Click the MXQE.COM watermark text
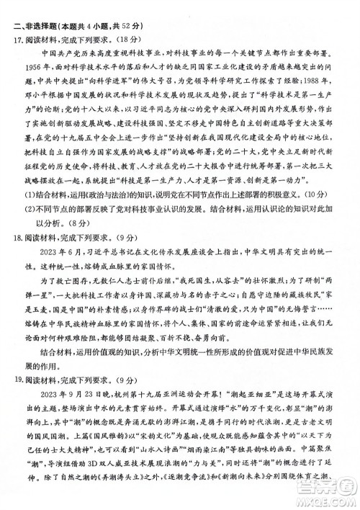click(328, 500)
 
